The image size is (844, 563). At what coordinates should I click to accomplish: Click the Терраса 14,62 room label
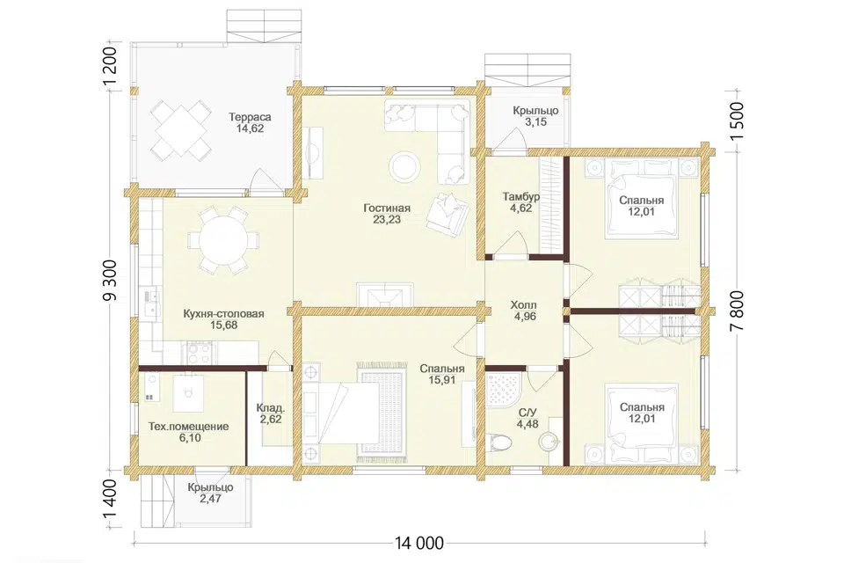click(250, 123)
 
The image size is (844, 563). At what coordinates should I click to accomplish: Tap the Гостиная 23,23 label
click(387, 214)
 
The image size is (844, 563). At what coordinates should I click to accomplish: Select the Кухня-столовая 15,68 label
click(224, 319)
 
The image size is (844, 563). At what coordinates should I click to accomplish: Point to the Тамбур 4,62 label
click(521, 202)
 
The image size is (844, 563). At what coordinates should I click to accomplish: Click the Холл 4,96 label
click(524, 311)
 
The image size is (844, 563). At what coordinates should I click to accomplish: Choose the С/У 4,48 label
click(527, 419)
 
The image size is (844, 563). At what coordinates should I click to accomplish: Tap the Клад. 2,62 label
click(270, 413)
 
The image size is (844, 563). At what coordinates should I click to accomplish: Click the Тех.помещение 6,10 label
click(188, 432)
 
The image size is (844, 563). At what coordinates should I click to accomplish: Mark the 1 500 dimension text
click(737, 121)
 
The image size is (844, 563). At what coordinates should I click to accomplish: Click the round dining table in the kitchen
click(222, 239)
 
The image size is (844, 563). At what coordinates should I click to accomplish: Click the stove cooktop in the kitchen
click(200, 354)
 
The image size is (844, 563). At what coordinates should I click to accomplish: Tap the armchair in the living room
click(447, 214)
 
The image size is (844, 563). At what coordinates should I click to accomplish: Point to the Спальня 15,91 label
click(442, 375)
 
